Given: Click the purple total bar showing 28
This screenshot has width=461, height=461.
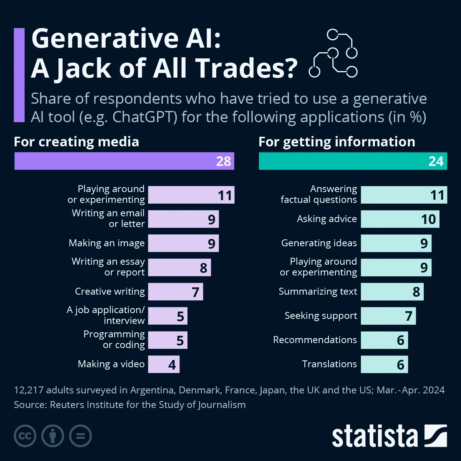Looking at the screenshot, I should [124, 161].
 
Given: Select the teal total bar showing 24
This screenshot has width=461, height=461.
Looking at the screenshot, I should [353, 161].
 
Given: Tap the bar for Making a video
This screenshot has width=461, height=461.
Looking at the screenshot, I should [164, 364].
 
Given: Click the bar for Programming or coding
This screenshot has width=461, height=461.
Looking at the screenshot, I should [167, 340].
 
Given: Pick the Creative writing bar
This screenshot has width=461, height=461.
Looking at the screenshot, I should [175, 292].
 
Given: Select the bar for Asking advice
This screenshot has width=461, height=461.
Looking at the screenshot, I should [400, 219].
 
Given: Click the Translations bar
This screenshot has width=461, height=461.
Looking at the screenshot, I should [384, 364].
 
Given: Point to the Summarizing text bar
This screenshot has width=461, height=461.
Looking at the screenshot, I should [392, 292].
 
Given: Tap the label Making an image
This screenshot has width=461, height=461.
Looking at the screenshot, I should [106, 243].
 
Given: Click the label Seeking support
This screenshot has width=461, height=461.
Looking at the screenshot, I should [320, 316].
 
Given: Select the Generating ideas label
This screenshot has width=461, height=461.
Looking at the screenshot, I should [319, 243].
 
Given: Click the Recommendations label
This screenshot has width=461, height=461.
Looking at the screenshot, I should [315, 340].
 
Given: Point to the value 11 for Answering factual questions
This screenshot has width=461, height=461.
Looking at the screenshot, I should [437, 195].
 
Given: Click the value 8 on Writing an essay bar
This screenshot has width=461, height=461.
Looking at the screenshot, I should [204, 268].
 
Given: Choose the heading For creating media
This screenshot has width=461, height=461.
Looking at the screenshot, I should [76, 142].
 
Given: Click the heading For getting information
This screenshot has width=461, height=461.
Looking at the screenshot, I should [337, 142].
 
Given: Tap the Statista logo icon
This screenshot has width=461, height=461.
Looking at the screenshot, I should [435, 436].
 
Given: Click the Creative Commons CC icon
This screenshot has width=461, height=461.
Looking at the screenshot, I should [25, 436].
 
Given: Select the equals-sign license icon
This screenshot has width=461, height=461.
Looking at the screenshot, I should [80, 436].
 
